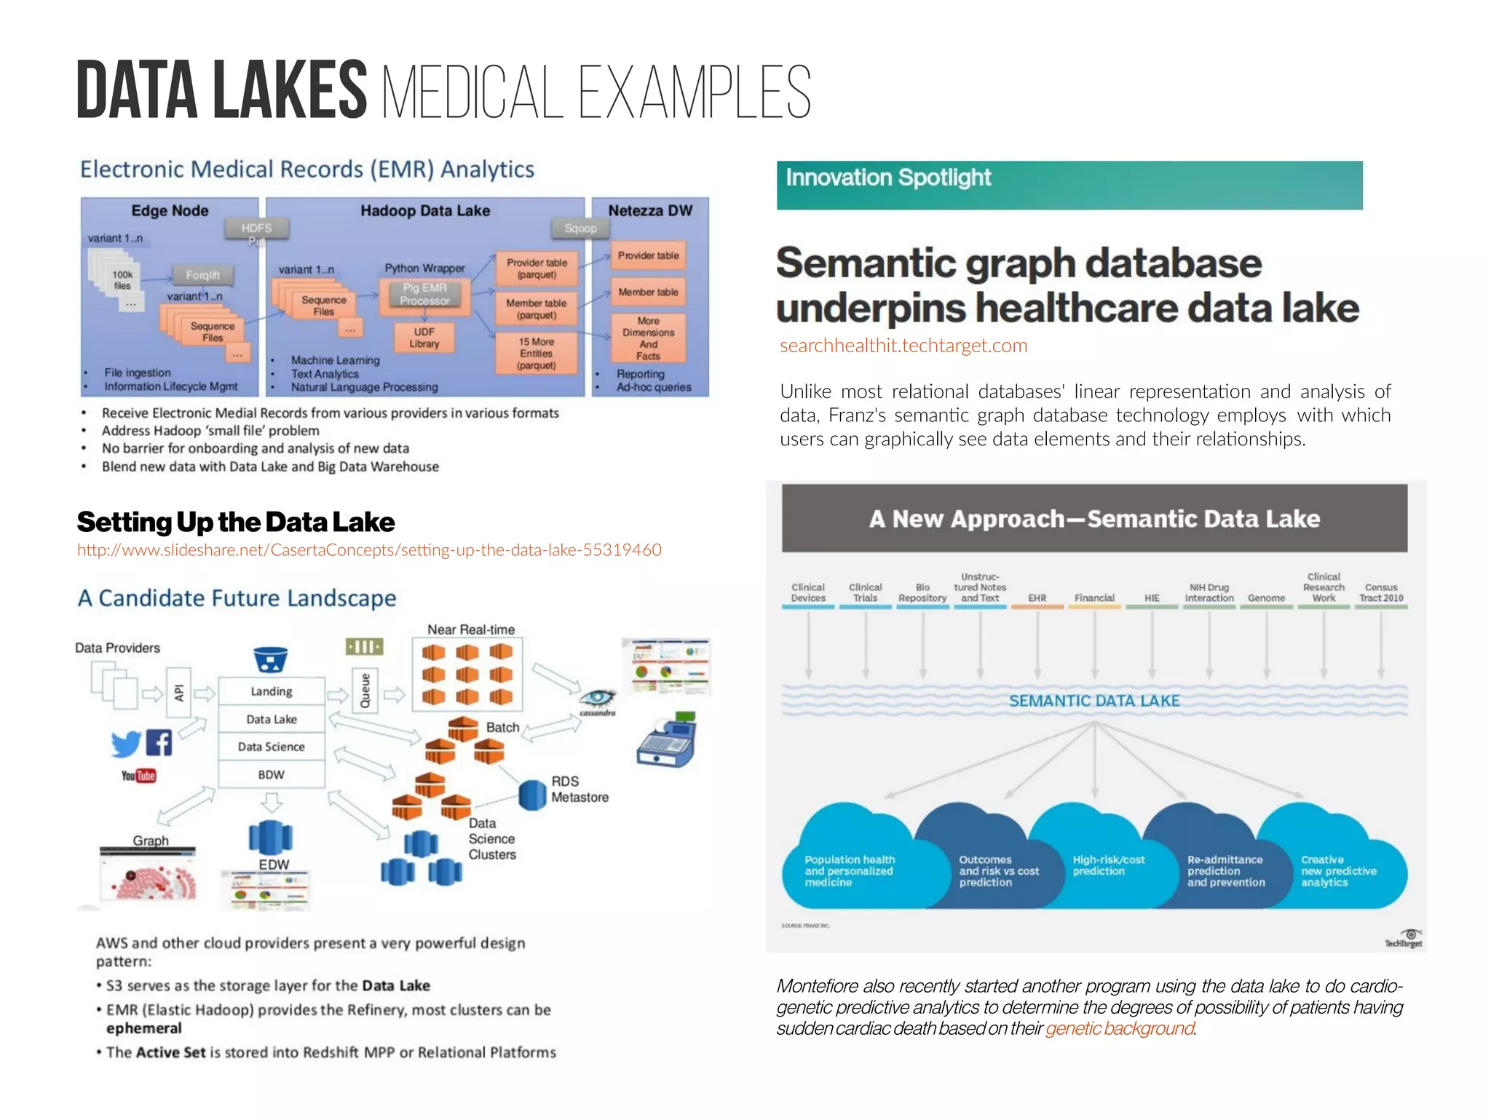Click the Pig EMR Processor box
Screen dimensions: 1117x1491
(x=424, y=295)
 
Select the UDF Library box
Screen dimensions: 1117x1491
(x=424, y=338)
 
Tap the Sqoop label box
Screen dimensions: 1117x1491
(x=580, y=228)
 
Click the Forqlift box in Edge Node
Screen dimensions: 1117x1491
(x=202, y=276)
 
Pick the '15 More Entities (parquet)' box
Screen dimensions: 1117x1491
(x=537, y=354)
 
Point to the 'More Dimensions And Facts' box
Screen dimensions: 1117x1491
(x=648, y=338)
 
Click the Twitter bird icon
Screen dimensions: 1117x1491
(x=126, y=744)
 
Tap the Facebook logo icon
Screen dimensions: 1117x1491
(x=159, y=742)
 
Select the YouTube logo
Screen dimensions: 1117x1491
(x=138, y=776)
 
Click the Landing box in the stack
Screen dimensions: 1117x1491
(x=272, y=691)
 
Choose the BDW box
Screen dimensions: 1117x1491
(x=272, y=775)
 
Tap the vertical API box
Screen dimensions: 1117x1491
(x=179, y=693)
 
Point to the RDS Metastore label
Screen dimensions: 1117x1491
(x=580, y=790)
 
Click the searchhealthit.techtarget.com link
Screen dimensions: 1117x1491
(x=903, y=346)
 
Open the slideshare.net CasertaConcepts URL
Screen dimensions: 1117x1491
(x=369, y=550)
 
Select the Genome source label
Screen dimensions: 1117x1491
(x=1266, y=598)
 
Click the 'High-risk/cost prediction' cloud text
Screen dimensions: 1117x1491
(x=1108, y=865)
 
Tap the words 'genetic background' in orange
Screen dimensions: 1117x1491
(x=1120, y=1028)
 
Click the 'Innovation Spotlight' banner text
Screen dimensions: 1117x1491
(x=888, y=178)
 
